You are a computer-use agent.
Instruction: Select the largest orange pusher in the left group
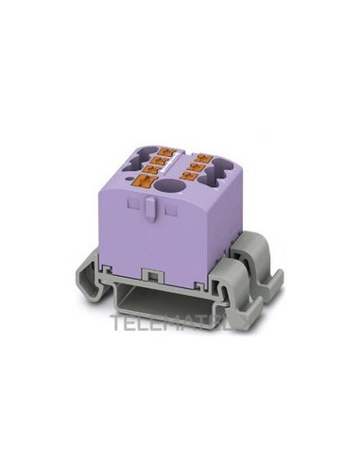(150, 179)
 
